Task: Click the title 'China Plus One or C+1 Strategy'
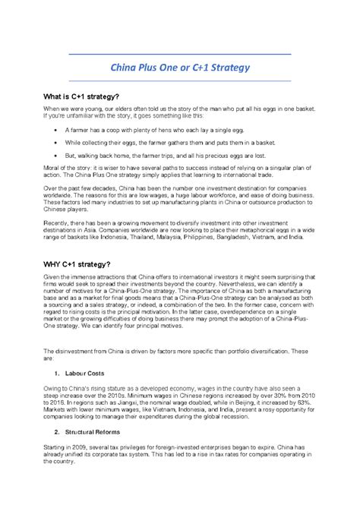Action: coord(180,68)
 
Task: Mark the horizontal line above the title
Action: coord(180,55)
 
